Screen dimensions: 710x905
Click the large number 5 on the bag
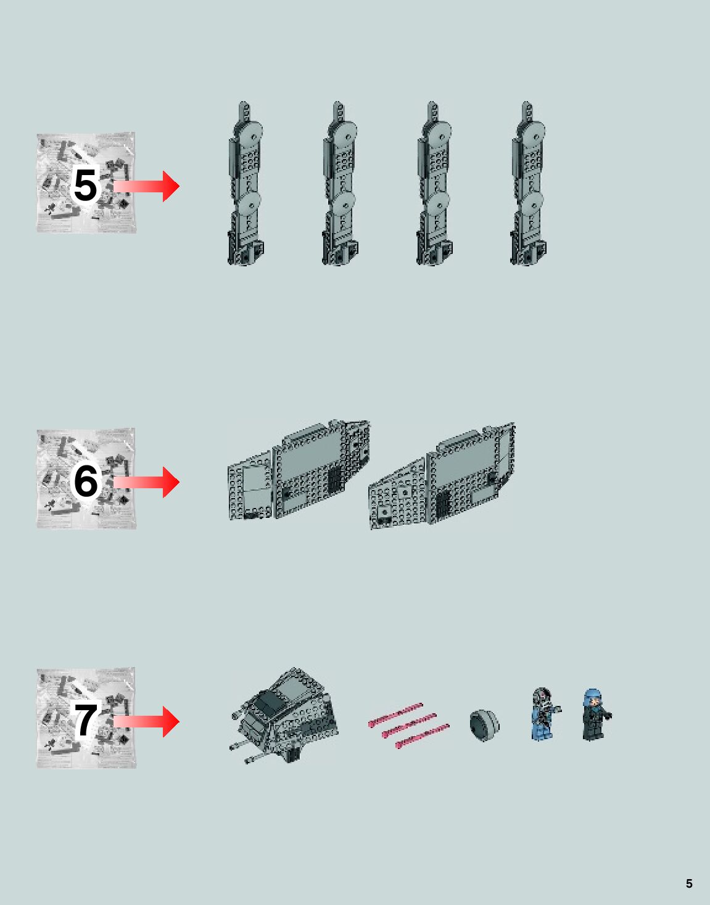[85, 186]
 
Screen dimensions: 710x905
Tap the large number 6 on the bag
[86, 481]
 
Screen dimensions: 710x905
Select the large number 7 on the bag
[86, 720]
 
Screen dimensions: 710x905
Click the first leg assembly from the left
[246, 185]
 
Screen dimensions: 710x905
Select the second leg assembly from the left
[339, 185]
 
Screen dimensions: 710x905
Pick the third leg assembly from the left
[434, 185]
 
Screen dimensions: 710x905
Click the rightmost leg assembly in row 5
[528, 185]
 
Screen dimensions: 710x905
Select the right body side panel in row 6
[441, 478]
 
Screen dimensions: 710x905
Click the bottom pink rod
[422, 736]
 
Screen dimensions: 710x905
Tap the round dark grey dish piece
[484, 725]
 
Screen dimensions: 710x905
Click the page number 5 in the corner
[689, 883]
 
